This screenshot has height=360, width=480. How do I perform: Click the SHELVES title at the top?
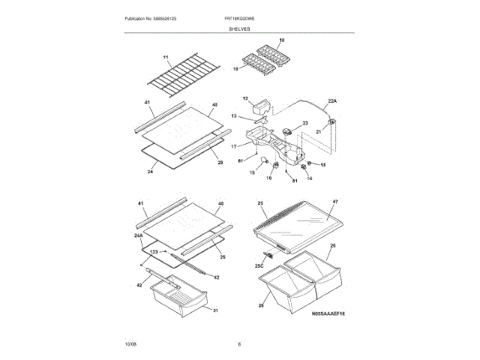240,28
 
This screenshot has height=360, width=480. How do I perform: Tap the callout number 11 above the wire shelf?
166,57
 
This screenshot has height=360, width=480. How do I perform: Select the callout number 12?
244,98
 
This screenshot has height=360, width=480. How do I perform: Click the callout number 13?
234,115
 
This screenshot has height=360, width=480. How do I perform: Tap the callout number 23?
305,123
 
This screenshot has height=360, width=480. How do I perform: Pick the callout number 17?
233,146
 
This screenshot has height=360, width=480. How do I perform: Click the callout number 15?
252,173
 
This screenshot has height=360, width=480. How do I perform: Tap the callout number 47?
335,202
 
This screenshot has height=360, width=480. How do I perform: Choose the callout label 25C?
259,265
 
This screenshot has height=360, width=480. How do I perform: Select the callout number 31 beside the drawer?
214,310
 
